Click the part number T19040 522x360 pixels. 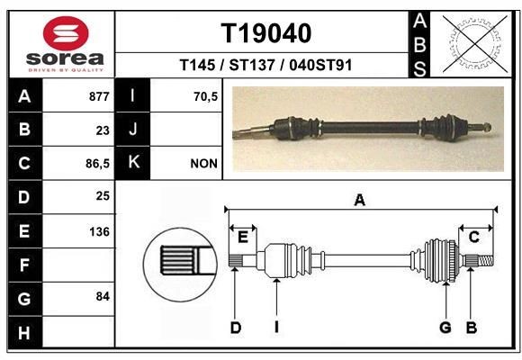[x=266, y=33]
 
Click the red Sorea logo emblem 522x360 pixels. [x=66, y=33]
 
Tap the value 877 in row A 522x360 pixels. [x=99, y=96]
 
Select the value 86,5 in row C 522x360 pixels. [x=97, y=164]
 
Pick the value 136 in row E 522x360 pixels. [x=99, y=231]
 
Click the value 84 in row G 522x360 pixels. [x=103, y=296]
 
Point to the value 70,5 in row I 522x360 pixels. [x=205, y=96]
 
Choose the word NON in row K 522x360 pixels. [x=203, y=164]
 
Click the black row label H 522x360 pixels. [x=25, y=333]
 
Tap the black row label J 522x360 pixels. [x=132, y=130]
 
